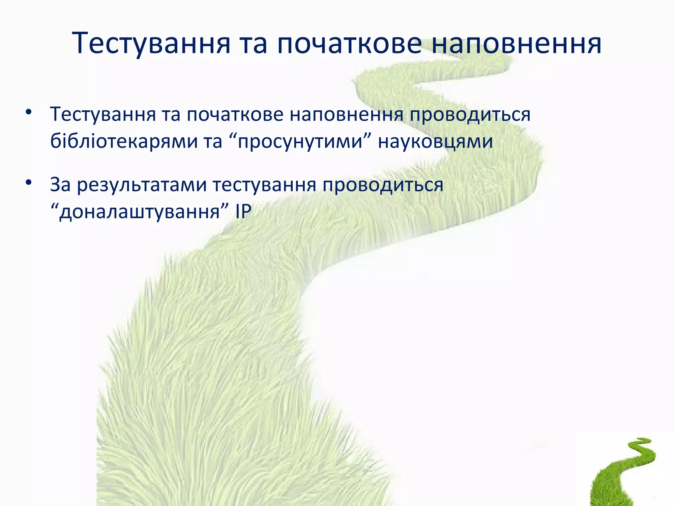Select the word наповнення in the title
[516, 43]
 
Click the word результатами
[142, 185]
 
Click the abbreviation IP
[243, 211]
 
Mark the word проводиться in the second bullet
[383, 185]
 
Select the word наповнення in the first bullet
[346, 115]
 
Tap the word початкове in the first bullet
[235, 115]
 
